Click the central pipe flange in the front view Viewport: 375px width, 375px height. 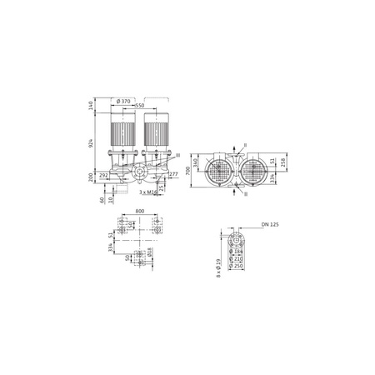click(x=139, y=176)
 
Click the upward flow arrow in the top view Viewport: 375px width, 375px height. click(x=237, y=147)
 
